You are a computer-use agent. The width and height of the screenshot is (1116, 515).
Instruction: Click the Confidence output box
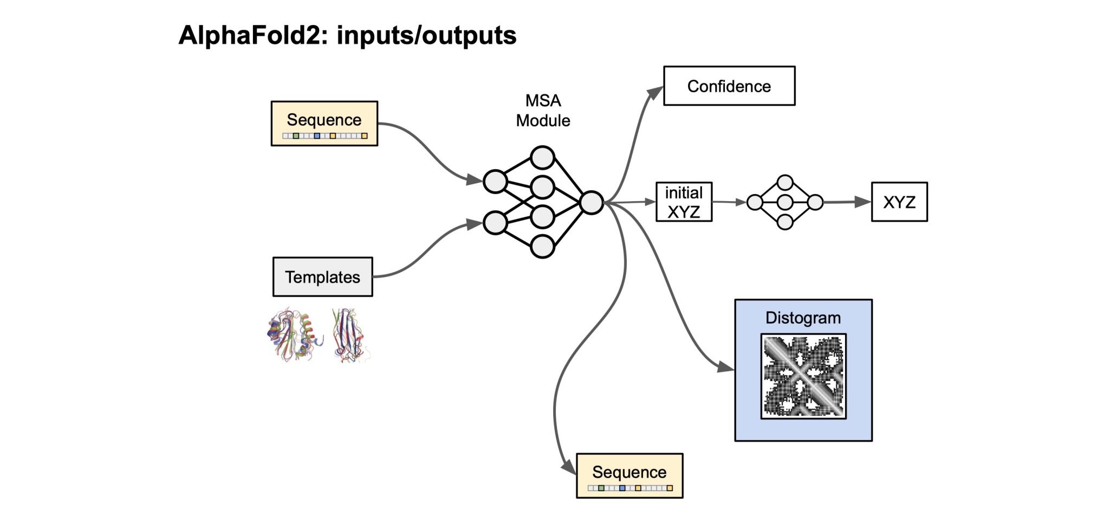pyautogui.click(x=729, y=86)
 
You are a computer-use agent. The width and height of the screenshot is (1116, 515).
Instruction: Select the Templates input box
pyautogui.click(x=322, y=277)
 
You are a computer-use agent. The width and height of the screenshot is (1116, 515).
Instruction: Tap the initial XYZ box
pyautogui.click(x=684, y=202)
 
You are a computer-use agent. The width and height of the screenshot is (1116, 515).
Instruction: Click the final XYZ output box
pyautogui.click(x=899, y=202)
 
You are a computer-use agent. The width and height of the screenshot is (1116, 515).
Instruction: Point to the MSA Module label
pyautogui.click(x=543, y=111)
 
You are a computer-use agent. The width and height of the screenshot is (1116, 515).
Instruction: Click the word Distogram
pyautogui.click(x=803, y=318)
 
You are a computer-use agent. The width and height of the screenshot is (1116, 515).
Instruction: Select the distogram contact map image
pyautogui.click(x=803, y=376)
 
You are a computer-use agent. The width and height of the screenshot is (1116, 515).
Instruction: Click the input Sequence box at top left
pyautogui.click(x=324, y=123)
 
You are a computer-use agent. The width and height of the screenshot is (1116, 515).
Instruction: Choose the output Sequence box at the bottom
pyautogui.click(x=630, y=475)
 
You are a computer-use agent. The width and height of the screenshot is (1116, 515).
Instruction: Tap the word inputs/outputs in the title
pyautogui.click(x=426, y=36)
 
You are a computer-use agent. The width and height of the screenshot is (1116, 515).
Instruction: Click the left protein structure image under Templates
pyautogui.click(x=294, y=335)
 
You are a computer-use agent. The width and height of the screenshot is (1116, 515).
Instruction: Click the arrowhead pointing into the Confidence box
pyautogui.click(x=655, y=94)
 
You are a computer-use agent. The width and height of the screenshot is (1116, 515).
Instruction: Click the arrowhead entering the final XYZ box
pyautogui.click(x=862, y=202)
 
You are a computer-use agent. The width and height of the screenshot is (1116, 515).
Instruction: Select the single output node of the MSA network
pyautogui.click(x=591, y=203)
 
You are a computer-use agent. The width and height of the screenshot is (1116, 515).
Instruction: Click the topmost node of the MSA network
pyautogui.click(x=542, y=158)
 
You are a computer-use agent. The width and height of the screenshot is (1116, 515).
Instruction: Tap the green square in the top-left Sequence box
pyautogui.click(x=296, y=136)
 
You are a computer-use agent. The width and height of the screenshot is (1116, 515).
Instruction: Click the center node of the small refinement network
pyautogui.click(x=785, y=203)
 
